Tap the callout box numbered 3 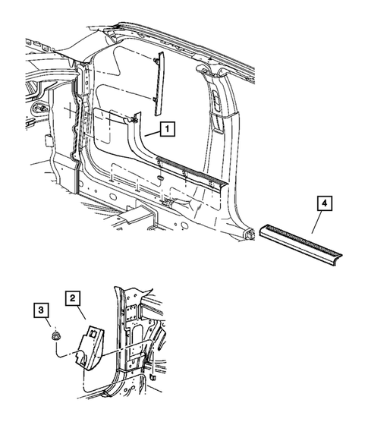pos(39,310)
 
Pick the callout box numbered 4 pos(322,204)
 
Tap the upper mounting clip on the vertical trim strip pos(156,61)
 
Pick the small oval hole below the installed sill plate pos(162,178)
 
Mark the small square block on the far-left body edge pos(47,140)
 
